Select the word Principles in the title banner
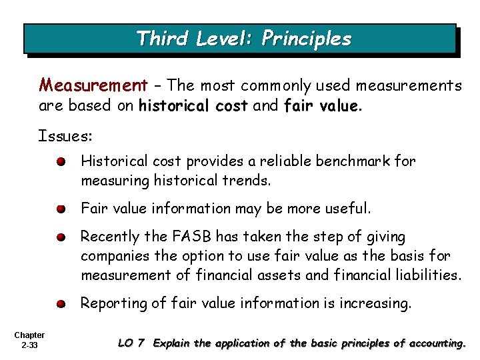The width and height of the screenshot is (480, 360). click(x=306, y=39)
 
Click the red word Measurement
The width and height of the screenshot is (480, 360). click(x=93, y=85)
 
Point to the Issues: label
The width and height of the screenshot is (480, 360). click(x=65, y=137)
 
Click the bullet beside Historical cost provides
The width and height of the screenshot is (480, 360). click(x=61, y=162)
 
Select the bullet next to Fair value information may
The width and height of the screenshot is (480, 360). click(x=61, y=209)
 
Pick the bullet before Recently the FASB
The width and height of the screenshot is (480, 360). click(x=61, y=237)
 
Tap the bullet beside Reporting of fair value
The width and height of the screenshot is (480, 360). click(x=61, y=303)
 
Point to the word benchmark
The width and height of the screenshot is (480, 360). click(x=353, y=161)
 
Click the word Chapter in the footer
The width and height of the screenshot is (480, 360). click(x=28, y=335)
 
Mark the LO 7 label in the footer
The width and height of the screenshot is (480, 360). click(x=131, y=344)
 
